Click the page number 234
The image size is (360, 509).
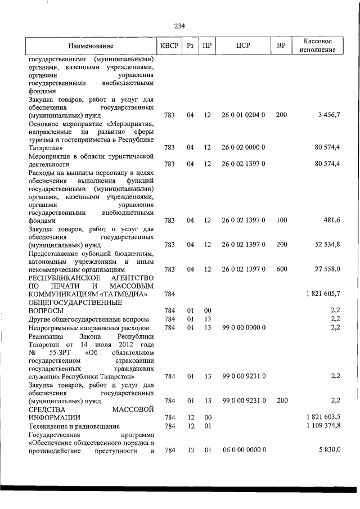pos(180,26)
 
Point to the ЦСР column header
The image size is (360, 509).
pos(243,46)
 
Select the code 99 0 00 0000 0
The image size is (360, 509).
pos(243,327)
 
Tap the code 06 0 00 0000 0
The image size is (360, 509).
pos(243,451)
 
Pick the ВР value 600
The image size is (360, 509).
pos(282,269)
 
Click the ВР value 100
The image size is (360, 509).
pos(282,221)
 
